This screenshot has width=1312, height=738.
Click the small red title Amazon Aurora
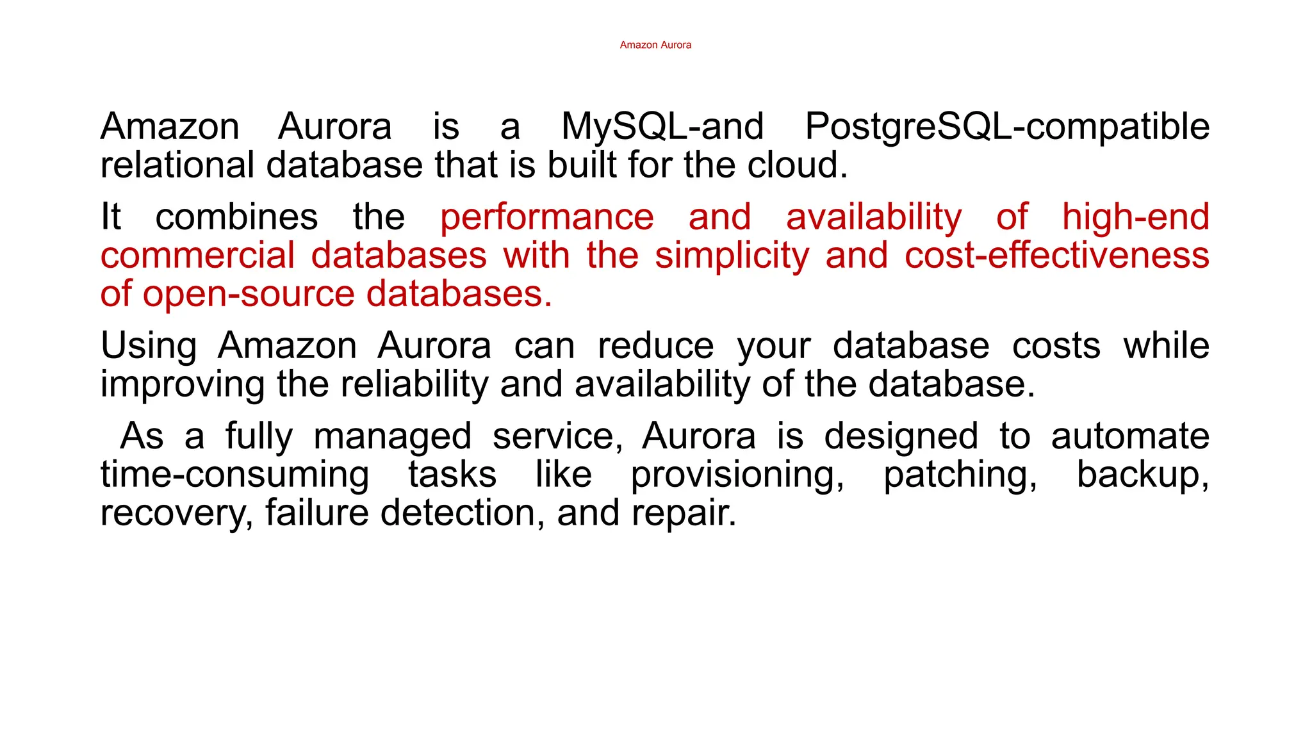pos(655,45)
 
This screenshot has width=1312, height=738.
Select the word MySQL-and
pos(662,126)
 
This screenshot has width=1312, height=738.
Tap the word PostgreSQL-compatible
pos(1007,126)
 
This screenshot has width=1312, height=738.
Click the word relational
pos(177,165)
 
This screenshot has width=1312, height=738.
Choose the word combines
pos(236,217)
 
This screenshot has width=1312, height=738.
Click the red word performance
pos(546,217)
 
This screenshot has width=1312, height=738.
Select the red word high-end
pos(1135,217)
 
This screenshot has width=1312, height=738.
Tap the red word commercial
pos(197,256)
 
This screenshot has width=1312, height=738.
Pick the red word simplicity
pos(732,256)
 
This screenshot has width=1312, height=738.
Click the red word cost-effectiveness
pos(1057,256)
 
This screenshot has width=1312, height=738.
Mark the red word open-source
pos(249,294)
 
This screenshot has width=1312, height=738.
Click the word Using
pos(149,346)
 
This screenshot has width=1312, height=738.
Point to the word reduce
pos(655,346)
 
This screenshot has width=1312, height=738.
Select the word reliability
pos(414,384)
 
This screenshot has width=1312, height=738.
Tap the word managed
pos(392,436)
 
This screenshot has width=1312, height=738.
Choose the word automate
pos(1130,436)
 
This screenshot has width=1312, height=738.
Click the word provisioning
pos(737,475)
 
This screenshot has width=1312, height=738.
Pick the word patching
pos(960,475)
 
